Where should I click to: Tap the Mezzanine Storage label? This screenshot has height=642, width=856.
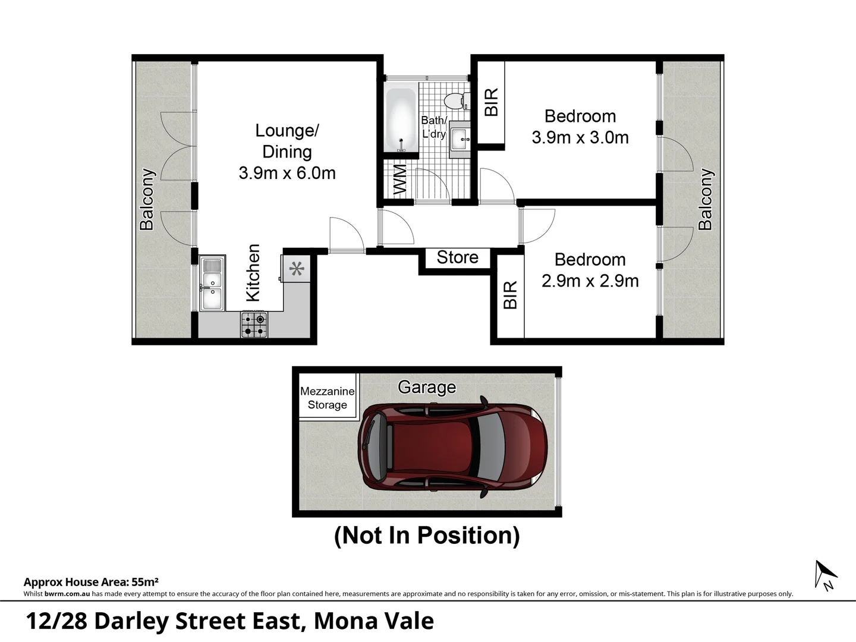tap(327, 398)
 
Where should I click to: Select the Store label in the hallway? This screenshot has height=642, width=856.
tap(457, 257)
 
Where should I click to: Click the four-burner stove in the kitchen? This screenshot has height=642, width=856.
tap(254, 325)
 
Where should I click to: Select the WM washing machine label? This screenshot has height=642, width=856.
tap(400, 180)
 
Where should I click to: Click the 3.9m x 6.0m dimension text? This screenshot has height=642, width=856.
tap(287, 173)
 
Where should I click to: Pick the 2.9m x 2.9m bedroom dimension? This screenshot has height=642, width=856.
tap(590, 281)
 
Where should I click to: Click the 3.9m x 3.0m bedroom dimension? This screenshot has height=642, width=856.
tap(580, 137)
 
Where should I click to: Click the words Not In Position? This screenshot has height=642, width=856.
tap(427, 535)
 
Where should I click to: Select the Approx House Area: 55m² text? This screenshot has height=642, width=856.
tap(91, 582)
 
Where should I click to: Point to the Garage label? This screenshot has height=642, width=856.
tap(427, 388)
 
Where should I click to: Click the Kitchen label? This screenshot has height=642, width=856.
tap(253, 273)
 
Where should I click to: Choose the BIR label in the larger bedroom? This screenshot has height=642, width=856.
tap(492, 102)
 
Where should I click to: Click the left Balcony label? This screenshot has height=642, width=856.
tap(147, 199)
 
